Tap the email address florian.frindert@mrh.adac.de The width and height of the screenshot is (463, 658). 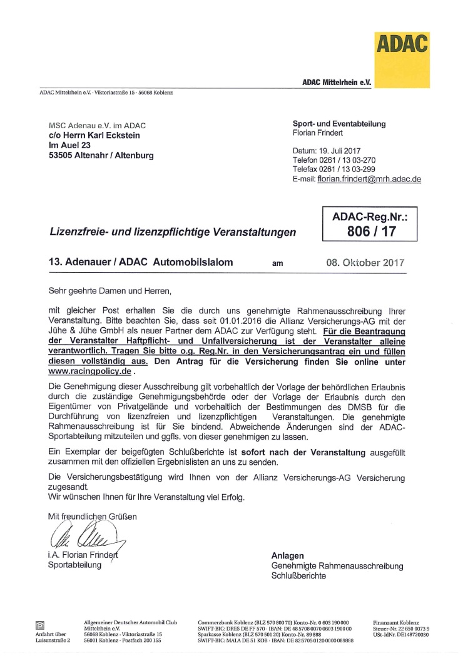click(x=369, y=179)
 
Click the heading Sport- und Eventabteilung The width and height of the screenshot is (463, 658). click(x=339, y=124)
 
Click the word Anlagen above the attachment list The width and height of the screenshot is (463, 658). click(x=288, y=555)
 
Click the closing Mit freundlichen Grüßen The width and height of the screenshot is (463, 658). click(x=88, y=516)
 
